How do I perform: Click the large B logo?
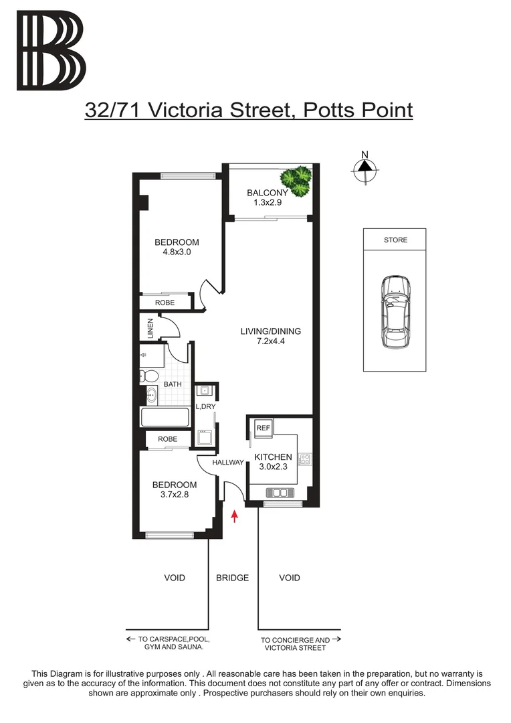click(52, 51)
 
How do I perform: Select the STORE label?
click(395, 240)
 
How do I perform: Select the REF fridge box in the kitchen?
click(263, 428)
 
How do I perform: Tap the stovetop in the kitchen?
click(305, 459)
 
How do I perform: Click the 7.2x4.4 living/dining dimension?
click(270, 341)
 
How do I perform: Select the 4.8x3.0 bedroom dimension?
click(177, 252)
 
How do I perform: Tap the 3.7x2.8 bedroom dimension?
click(174, 495)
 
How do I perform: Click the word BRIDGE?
click(232, 578)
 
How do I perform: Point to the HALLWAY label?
click(227, 463)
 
